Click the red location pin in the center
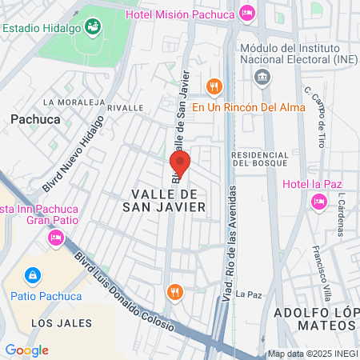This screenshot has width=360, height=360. coord(180,166)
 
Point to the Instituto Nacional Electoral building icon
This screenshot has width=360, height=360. coord(261,77)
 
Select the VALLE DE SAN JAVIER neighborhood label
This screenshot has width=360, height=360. coord(169,200)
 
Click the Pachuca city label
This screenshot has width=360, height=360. coord(35,118)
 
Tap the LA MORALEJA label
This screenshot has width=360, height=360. coord(74,102)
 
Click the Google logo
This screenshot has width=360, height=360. coord(26,350)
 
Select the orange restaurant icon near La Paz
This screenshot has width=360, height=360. coord(173,293)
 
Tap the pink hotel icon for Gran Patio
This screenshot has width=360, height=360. coord(55,237)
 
